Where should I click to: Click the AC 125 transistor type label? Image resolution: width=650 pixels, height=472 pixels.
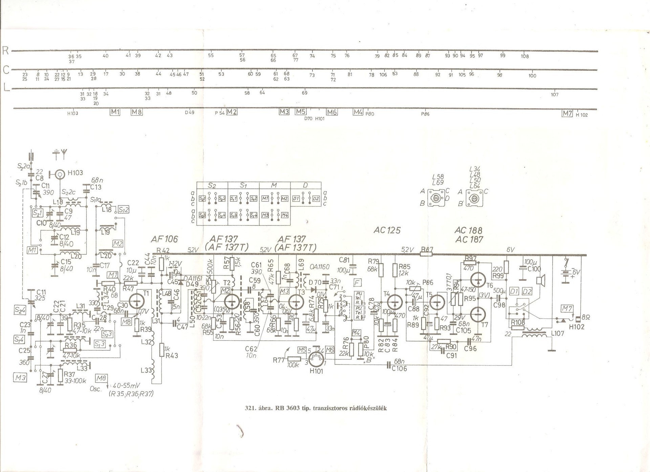coord(387,230)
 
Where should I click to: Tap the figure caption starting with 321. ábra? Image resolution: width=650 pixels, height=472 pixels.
coord(316,408)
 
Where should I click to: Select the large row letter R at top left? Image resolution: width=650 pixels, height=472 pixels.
coord(5,51)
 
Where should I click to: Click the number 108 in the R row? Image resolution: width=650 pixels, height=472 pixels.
coord(524,56)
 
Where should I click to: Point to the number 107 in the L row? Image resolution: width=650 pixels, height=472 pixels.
coord(554,95)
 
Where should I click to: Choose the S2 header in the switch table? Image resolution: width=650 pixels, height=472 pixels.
coord(212,185)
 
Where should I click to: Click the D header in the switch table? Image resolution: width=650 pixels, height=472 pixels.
coord(305,185)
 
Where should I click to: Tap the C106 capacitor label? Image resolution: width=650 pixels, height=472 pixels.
coord(399,369)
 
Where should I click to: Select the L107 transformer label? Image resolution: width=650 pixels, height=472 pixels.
coord(558,333)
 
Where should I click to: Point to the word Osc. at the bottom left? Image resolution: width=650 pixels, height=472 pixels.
coord(96,389)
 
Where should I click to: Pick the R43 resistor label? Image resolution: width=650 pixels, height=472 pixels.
coord(171,355)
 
